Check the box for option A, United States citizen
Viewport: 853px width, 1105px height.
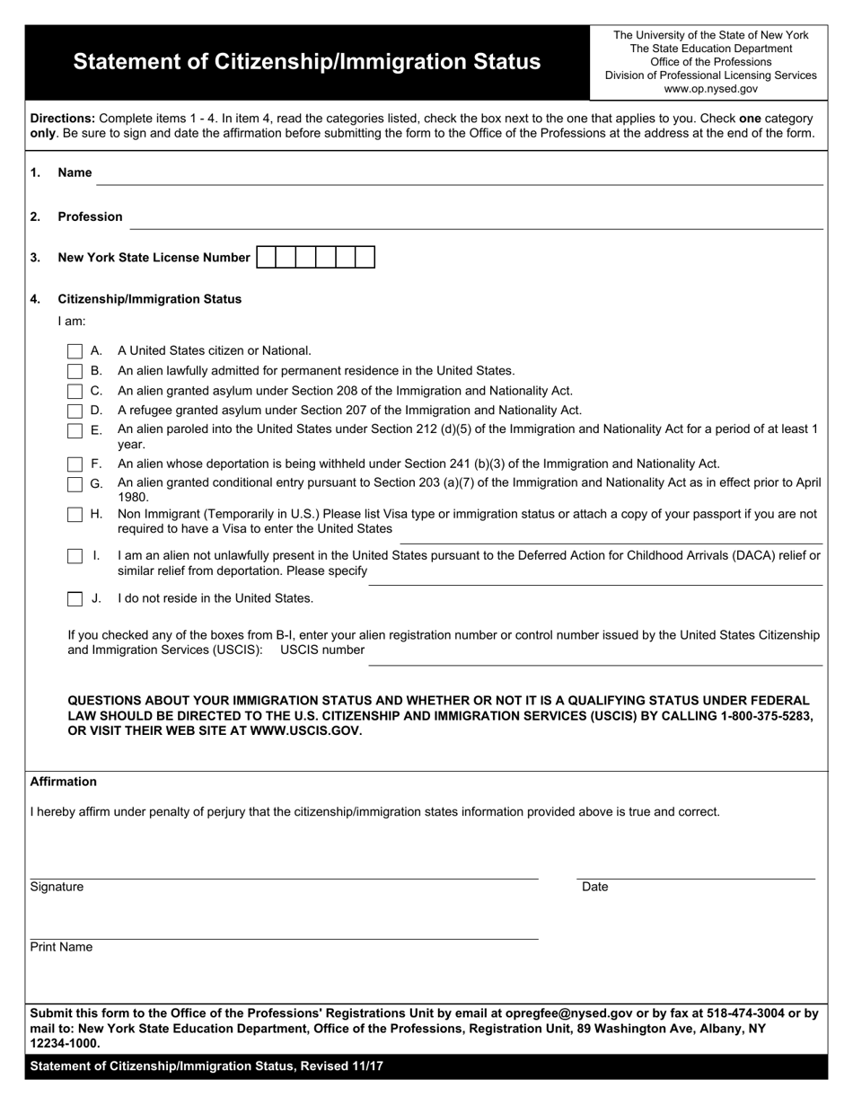(75, 351)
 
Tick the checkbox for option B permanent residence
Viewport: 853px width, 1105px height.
(75, 371)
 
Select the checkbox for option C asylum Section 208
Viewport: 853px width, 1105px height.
(75, 391)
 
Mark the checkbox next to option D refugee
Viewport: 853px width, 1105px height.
(75, 411)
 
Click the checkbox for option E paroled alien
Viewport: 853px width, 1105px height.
(75, 430)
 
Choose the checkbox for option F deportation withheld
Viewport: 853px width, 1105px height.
(75, 464)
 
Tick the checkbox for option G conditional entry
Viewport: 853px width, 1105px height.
(75, 484)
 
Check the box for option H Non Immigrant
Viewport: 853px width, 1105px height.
(75, 515)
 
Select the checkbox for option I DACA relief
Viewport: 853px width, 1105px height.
(75, 556)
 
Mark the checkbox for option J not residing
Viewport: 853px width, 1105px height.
(75, 598)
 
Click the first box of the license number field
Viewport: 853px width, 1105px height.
(266, 258)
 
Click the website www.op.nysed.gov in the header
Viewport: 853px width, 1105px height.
(710, 89)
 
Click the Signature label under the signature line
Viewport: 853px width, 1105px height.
(57, 887)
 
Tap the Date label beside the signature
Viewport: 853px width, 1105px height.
(594, 887)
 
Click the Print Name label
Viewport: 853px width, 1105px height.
(61, 947)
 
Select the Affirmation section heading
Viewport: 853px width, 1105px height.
(63, 782)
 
